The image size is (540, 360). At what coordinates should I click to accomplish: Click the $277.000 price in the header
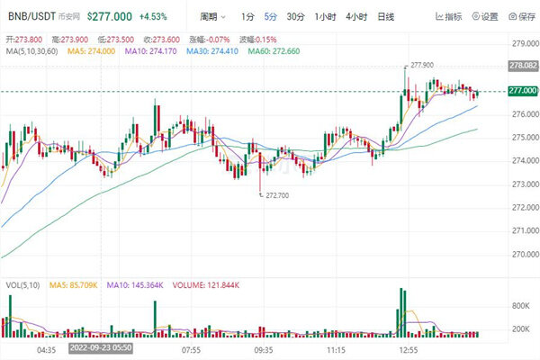(x=108, y=16)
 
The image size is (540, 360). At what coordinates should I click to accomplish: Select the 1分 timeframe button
(x=247, y=16)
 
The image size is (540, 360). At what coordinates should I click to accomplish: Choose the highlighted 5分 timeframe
(x=271, y=16)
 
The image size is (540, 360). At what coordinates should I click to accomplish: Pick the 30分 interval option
(x=296, y=16)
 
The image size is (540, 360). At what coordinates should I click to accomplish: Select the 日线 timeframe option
(x=386, y=16)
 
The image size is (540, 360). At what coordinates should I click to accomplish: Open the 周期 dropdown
(x=212, y=16)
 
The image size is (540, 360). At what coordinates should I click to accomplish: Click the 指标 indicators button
(x=449, y=16)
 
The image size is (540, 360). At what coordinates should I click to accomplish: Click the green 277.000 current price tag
(x=523, y=91)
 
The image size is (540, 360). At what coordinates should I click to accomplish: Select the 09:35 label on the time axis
(x=264, y=346)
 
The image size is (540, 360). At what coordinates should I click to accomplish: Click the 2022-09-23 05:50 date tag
(x=103, y=346)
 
